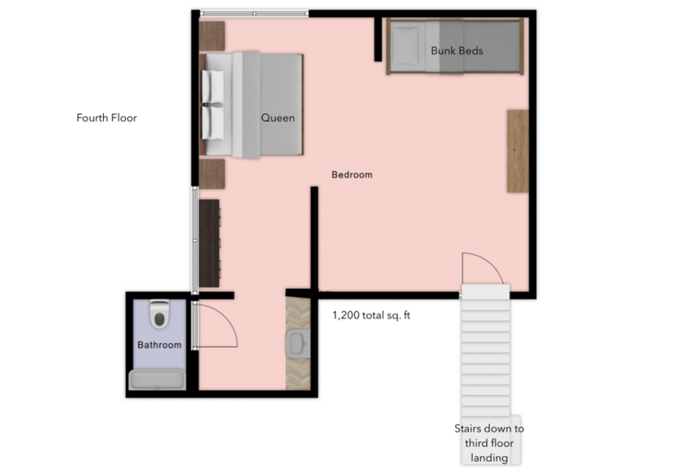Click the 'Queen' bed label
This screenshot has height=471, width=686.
[278, 118]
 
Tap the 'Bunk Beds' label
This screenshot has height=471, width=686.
[457, 51]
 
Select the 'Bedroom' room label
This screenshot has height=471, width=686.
[352, 175]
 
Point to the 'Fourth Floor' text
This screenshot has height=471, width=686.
[107, 118]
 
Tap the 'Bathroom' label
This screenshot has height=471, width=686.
[159, 345]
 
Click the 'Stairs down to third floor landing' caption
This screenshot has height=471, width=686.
[489, 442]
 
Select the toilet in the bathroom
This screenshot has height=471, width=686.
[160, 315]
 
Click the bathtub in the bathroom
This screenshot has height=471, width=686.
[158, 379]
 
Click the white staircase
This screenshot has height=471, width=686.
[485, 350]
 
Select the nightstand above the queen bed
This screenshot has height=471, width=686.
[212, 36]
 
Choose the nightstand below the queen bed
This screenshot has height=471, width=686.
[213, 174]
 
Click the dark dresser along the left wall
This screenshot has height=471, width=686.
[210, 243]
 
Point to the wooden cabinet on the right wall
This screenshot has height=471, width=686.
[518, 151]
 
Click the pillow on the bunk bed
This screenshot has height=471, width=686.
[406, 42]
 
